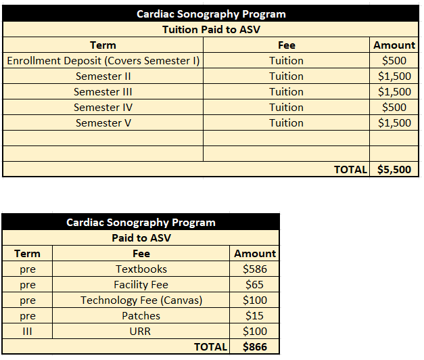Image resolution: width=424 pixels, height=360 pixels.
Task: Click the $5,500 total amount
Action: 394,170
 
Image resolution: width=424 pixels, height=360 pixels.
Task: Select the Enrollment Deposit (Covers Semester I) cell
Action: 103,61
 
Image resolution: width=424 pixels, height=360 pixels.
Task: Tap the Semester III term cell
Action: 103,92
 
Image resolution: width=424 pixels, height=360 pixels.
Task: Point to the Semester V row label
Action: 103,123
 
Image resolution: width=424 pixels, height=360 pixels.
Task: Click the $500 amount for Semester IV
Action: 394,108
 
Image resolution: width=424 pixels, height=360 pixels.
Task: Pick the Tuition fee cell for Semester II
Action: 286,76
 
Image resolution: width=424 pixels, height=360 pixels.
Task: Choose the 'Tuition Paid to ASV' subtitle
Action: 211,30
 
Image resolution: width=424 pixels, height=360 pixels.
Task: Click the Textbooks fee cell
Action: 141,269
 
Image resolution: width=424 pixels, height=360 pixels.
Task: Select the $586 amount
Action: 255,269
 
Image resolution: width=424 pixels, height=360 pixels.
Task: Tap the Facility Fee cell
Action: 141,285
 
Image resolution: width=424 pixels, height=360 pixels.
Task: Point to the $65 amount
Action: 255,285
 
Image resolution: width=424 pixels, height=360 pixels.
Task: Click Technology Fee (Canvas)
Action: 141,300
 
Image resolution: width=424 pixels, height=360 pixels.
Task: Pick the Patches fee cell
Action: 141,316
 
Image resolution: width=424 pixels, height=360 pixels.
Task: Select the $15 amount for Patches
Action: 255,316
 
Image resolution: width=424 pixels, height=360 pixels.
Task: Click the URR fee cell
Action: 141,332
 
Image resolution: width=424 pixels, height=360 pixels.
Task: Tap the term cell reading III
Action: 27,332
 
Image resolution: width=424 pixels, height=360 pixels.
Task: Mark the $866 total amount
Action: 255,347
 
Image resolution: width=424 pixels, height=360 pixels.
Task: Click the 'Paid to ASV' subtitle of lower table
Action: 141,238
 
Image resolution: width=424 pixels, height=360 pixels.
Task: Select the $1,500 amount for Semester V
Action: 394,123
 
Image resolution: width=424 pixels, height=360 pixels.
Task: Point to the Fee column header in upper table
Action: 286,45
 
